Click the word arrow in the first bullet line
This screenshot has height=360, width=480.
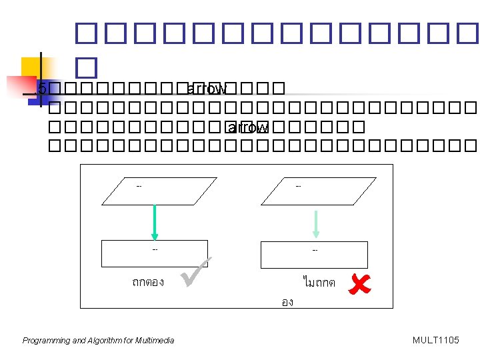coord(208,89)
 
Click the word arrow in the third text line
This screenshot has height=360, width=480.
coord(248,127)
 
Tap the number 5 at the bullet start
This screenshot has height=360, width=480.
coord(43,89)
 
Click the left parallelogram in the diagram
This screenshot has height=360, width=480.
coord(159,191)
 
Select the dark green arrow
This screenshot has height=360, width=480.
coord(155,221)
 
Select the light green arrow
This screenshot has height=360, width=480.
coord(316,223)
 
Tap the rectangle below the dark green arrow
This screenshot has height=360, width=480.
coord(155,253)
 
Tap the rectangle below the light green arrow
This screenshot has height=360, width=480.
coord(313,254)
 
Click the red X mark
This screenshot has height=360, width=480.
coord(360,284)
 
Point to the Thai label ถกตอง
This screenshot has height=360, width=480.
coord(147,282)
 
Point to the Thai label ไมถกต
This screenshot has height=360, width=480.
coord(319,283)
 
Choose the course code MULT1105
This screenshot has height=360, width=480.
coord(435,341)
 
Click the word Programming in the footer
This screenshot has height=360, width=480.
coord(46,341)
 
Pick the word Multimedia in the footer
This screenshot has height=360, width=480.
coord(154,341)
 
